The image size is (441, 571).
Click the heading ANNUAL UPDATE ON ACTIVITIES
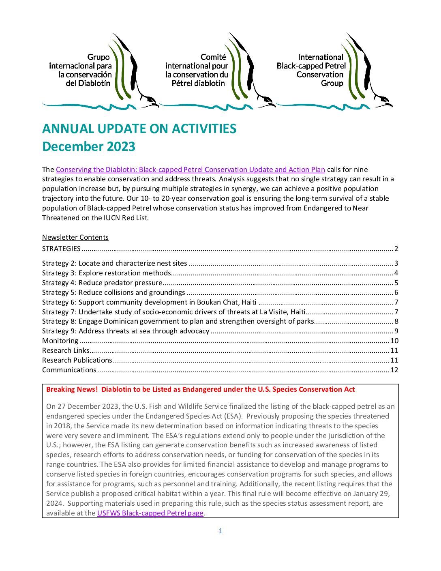click(x=139, y=129)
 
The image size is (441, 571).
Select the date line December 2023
click(x=89, y=147)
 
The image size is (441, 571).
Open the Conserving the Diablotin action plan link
click(x=190, y=170)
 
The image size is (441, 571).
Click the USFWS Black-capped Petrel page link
click(x=150, y=513)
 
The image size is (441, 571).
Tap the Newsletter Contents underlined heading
click(x=75, y=237)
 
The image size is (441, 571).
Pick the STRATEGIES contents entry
click(x=62, y=249)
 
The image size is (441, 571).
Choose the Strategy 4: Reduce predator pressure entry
click(x=102, y=283)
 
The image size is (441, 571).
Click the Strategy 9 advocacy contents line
click(x=126, y=331)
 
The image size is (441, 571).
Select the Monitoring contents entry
click(x=60, y=341)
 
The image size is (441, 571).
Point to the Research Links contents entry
click(x=66, y=350)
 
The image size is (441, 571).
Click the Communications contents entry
click(x=69, y=370)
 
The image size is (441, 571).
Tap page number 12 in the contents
click(x=394, y=370)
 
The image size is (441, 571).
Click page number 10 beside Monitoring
click(x=394, y=341)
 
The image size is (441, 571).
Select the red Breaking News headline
click(x=200, y=389)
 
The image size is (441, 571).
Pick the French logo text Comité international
click(x=197, y=70)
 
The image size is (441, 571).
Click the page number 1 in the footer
click(x=220, y=531)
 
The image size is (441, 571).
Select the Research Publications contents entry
click(x=77, y=360)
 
